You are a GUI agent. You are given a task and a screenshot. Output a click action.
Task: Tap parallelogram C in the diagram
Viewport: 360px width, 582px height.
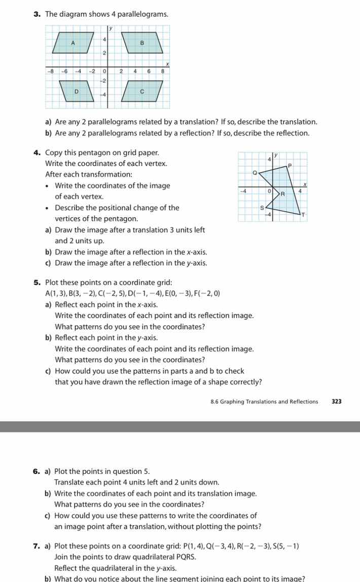tap(142, 91)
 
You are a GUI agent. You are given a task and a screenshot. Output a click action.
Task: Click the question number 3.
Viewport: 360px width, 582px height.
tap(37, 14)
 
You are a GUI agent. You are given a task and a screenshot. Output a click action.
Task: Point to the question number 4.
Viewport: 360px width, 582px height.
tap(37, 153)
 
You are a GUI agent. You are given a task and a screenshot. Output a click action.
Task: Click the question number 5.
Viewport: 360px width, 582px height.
tap(37, 282)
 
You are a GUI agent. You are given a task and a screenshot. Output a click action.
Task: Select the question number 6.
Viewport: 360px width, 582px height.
tap(37, 471)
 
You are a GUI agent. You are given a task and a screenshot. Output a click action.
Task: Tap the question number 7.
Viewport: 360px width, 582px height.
tap(37, 546)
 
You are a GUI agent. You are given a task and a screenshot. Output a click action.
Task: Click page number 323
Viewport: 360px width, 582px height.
tap(337, 401)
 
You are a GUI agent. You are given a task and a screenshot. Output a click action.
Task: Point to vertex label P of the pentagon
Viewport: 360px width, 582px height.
tap(290, 165)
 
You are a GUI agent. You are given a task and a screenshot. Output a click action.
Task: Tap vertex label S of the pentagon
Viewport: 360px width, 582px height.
tap(262, 208)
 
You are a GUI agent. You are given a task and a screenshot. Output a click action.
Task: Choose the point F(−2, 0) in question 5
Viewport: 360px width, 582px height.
tap(209, 293)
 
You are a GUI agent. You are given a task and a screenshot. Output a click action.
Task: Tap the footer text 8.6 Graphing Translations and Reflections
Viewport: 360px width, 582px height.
tap(264, 401)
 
